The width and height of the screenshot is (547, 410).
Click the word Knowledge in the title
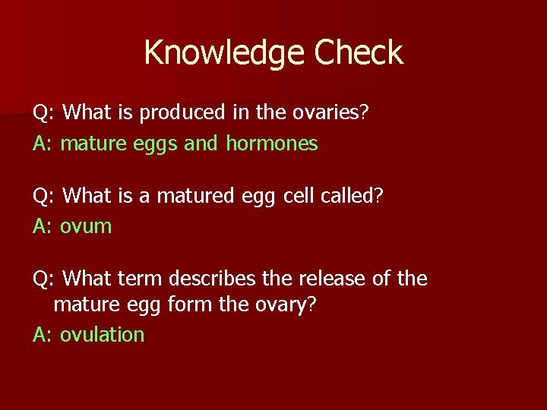[214, 53]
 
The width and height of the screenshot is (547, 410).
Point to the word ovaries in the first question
[325, 113]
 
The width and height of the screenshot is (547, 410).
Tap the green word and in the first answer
[201, 143]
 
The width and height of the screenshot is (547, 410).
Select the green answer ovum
[86, 226]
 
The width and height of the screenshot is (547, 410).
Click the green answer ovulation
[102, 335]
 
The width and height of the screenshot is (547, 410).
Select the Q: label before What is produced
[43, 113]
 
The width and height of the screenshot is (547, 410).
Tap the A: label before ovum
[43, 226]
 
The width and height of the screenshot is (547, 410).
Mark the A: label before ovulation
[43, 335]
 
